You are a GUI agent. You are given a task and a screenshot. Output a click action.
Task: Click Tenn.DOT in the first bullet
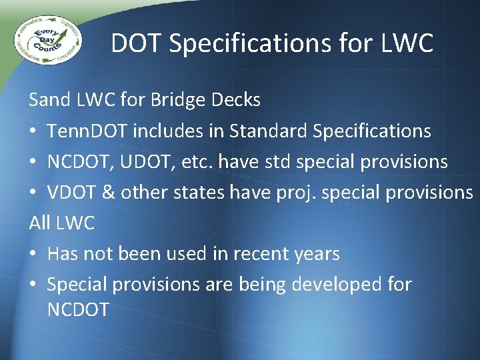point(87,131)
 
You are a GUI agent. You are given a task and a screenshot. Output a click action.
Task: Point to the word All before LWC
point(40,223)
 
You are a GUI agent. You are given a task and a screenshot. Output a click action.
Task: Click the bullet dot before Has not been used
point(33,254)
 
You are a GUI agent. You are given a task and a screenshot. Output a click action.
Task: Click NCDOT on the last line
point(78,309)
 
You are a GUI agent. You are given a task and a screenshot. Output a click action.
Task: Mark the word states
point(199,192)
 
